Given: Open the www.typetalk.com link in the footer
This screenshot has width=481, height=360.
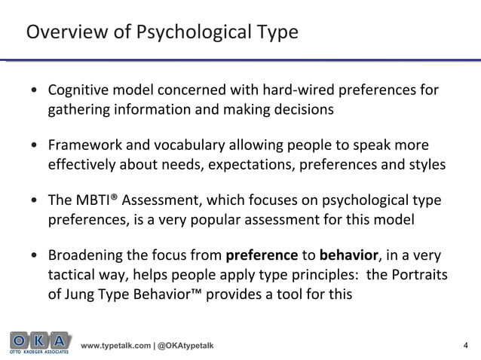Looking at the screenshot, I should click(x=114, y=346).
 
